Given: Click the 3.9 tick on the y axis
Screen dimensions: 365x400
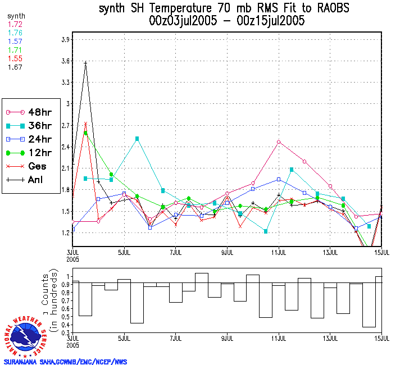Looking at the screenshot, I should (65, 40).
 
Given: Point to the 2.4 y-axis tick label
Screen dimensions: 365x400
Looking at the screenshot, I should (65, 147).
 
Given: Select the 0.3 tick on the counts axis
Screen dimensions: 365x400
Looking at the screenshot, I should (65, 332).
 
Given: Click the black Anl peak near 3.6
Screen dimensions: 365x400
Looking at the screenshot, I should (85, 63).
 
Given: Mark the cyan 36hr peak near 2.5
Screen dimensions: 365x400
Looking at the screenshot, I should (137, 139).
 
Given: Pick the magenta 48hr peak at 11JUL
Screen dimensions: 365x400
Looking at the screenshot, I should (279, 142).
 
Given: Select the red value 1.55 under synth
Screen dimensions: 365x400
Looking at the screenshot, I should (14, 58).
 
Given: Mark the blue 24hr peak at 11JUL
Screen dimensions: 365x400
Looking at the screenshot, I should (279, 179).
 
